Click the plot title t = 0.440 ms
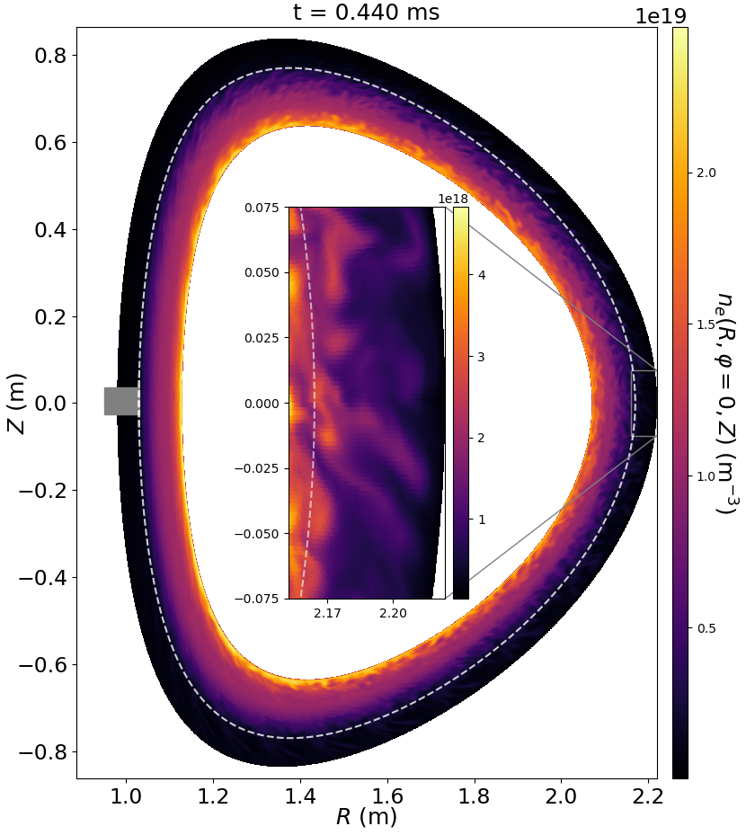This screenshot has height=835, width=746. (366, 13)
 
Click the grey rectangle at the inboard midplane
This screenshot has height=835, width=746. (121, 401)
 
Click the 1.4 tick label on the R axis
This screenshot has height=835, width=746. (301, 797)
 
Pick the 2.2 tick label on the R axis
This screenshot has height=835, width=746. (649, 797)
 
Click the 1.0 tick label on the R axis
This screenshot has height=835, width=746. (127, 797)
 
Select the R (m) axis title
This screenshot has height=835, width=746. (366, 818)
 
